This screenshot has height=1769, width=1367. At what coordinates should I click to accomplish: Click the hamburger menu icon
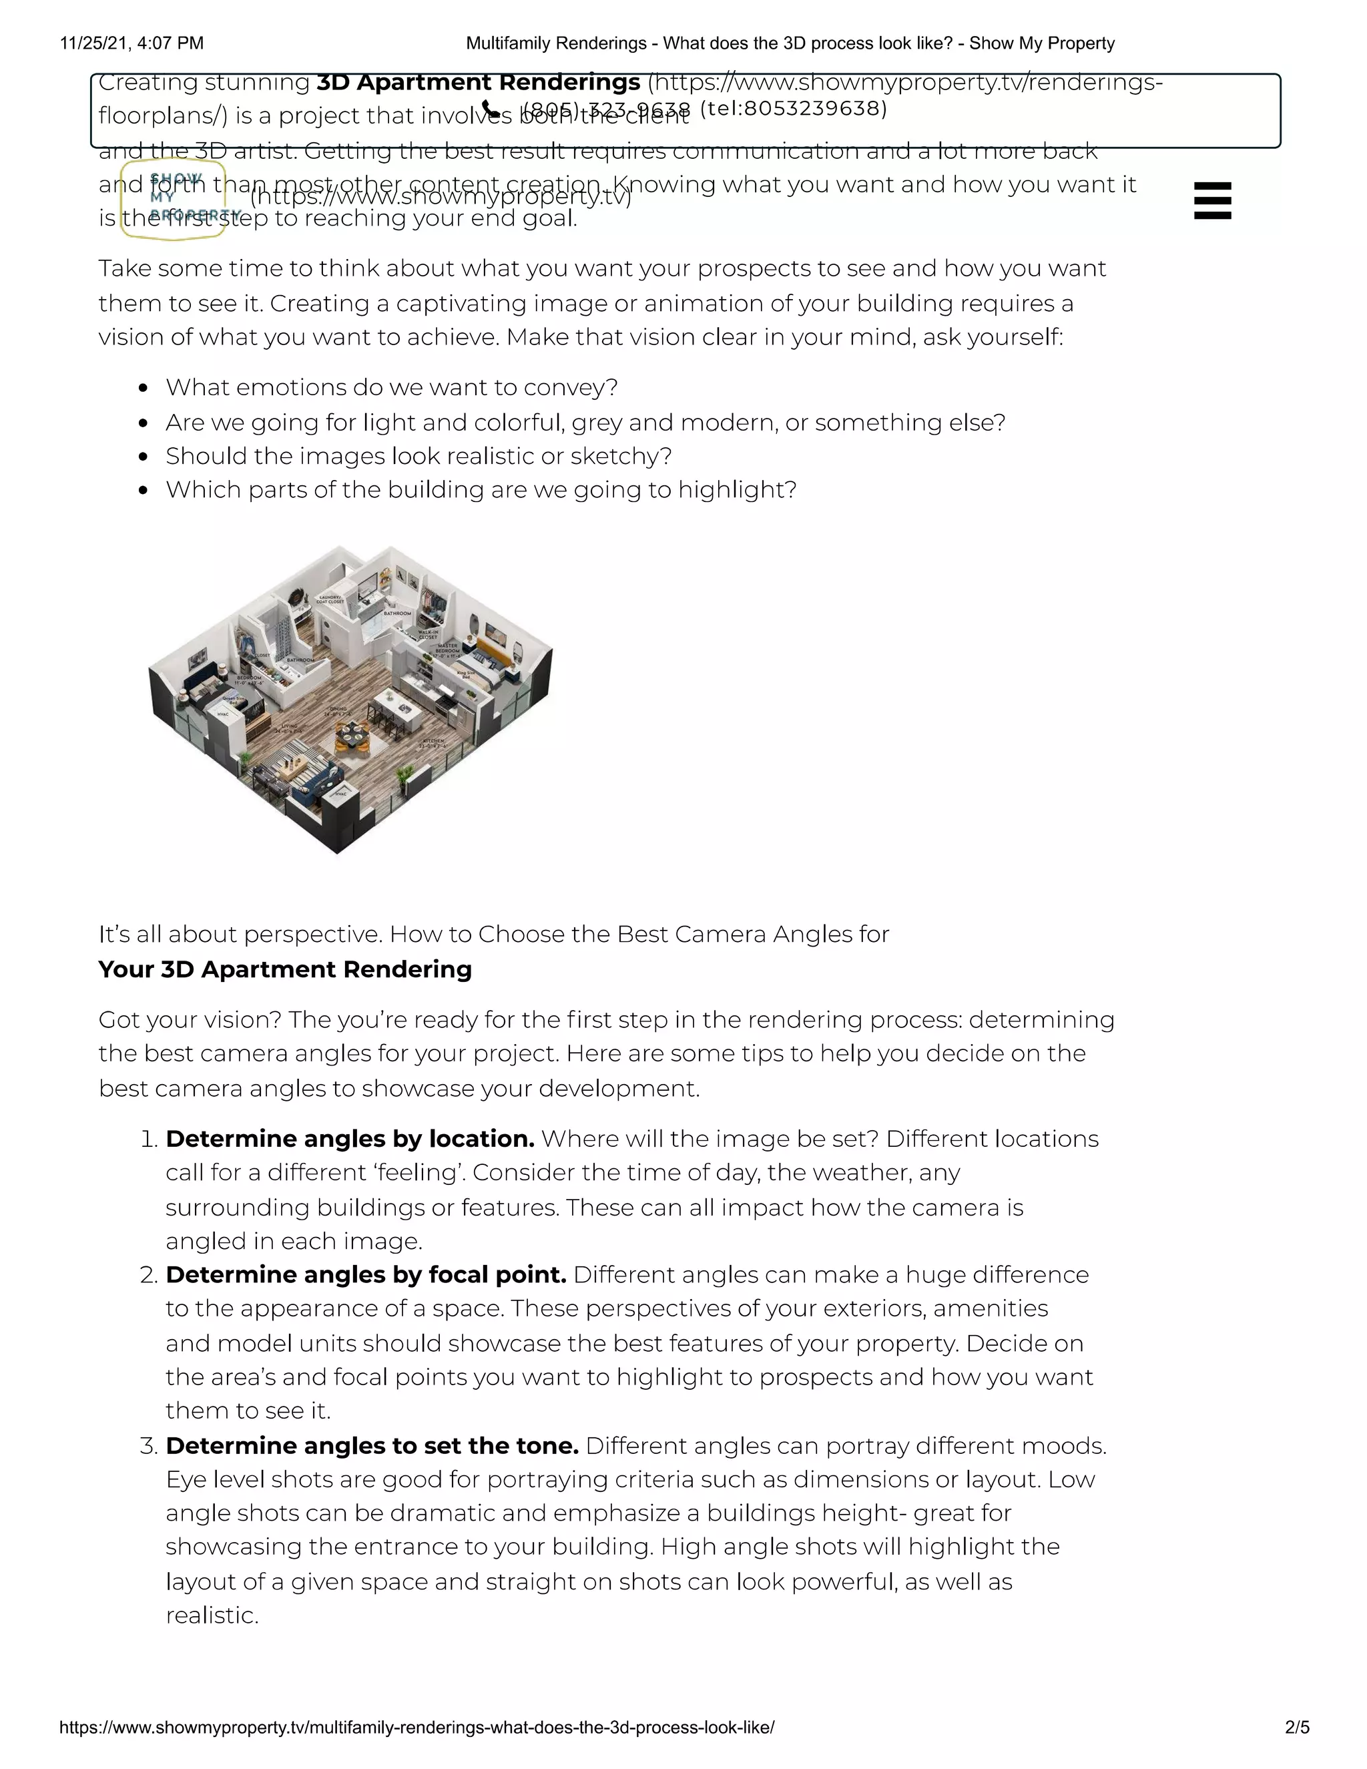point(1212,200)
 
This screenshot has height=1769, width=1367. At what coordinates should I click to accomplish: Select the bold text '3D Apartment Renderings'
point(478,83)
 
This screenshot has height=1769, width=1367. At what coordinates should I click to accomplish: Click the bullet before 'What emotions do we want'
point(144,388)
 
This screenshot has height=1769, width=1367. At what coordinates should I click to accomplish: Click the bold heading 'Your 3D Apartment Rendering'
point(285,969)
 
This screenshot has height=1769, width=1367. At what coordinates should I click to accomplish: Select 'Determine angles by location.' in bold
point(350,1139)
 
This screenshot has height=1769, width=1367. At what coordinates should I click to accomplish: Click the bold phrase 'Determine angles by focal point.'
point(365,1275)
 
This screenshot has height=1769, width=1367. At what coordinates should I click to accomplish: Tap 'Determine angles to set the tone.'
point(372,1446)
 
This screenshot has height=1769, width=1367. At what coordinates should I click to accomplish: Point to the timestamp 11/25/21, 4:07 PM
point(132,43)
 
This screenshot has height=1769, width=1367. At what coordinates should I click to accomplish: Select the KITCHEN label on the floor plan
point(433,741)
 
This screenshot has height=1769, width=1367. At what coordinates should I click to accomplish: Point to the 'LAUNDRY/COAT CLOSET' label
point(330,599)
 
